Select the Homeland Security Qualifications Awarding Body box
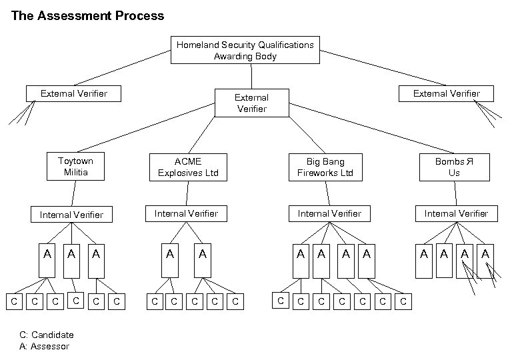(245, 51)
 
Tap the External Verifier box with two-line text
(251, 103)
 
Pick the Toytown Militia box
(75, 167)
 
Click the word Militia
(75, 173)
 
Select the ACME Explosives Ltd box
(188, 167)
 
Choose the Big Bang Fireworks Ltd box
(325, 167)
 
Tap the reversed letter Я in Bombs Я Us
(469, 161)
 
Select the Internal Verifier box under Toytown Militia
(71, 215)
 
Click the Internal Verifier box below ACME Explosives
(186, 213)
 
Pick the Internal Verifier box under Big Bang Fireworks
(329, 213)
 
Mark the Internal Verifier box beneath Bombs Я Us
(456, 213)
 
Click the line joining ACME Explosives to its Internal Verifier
(187, 193)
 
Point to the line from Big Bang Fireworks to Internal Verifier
(327, 193)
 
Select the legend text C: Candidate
(47, 335)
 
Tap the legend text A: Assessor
(45, 347)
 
